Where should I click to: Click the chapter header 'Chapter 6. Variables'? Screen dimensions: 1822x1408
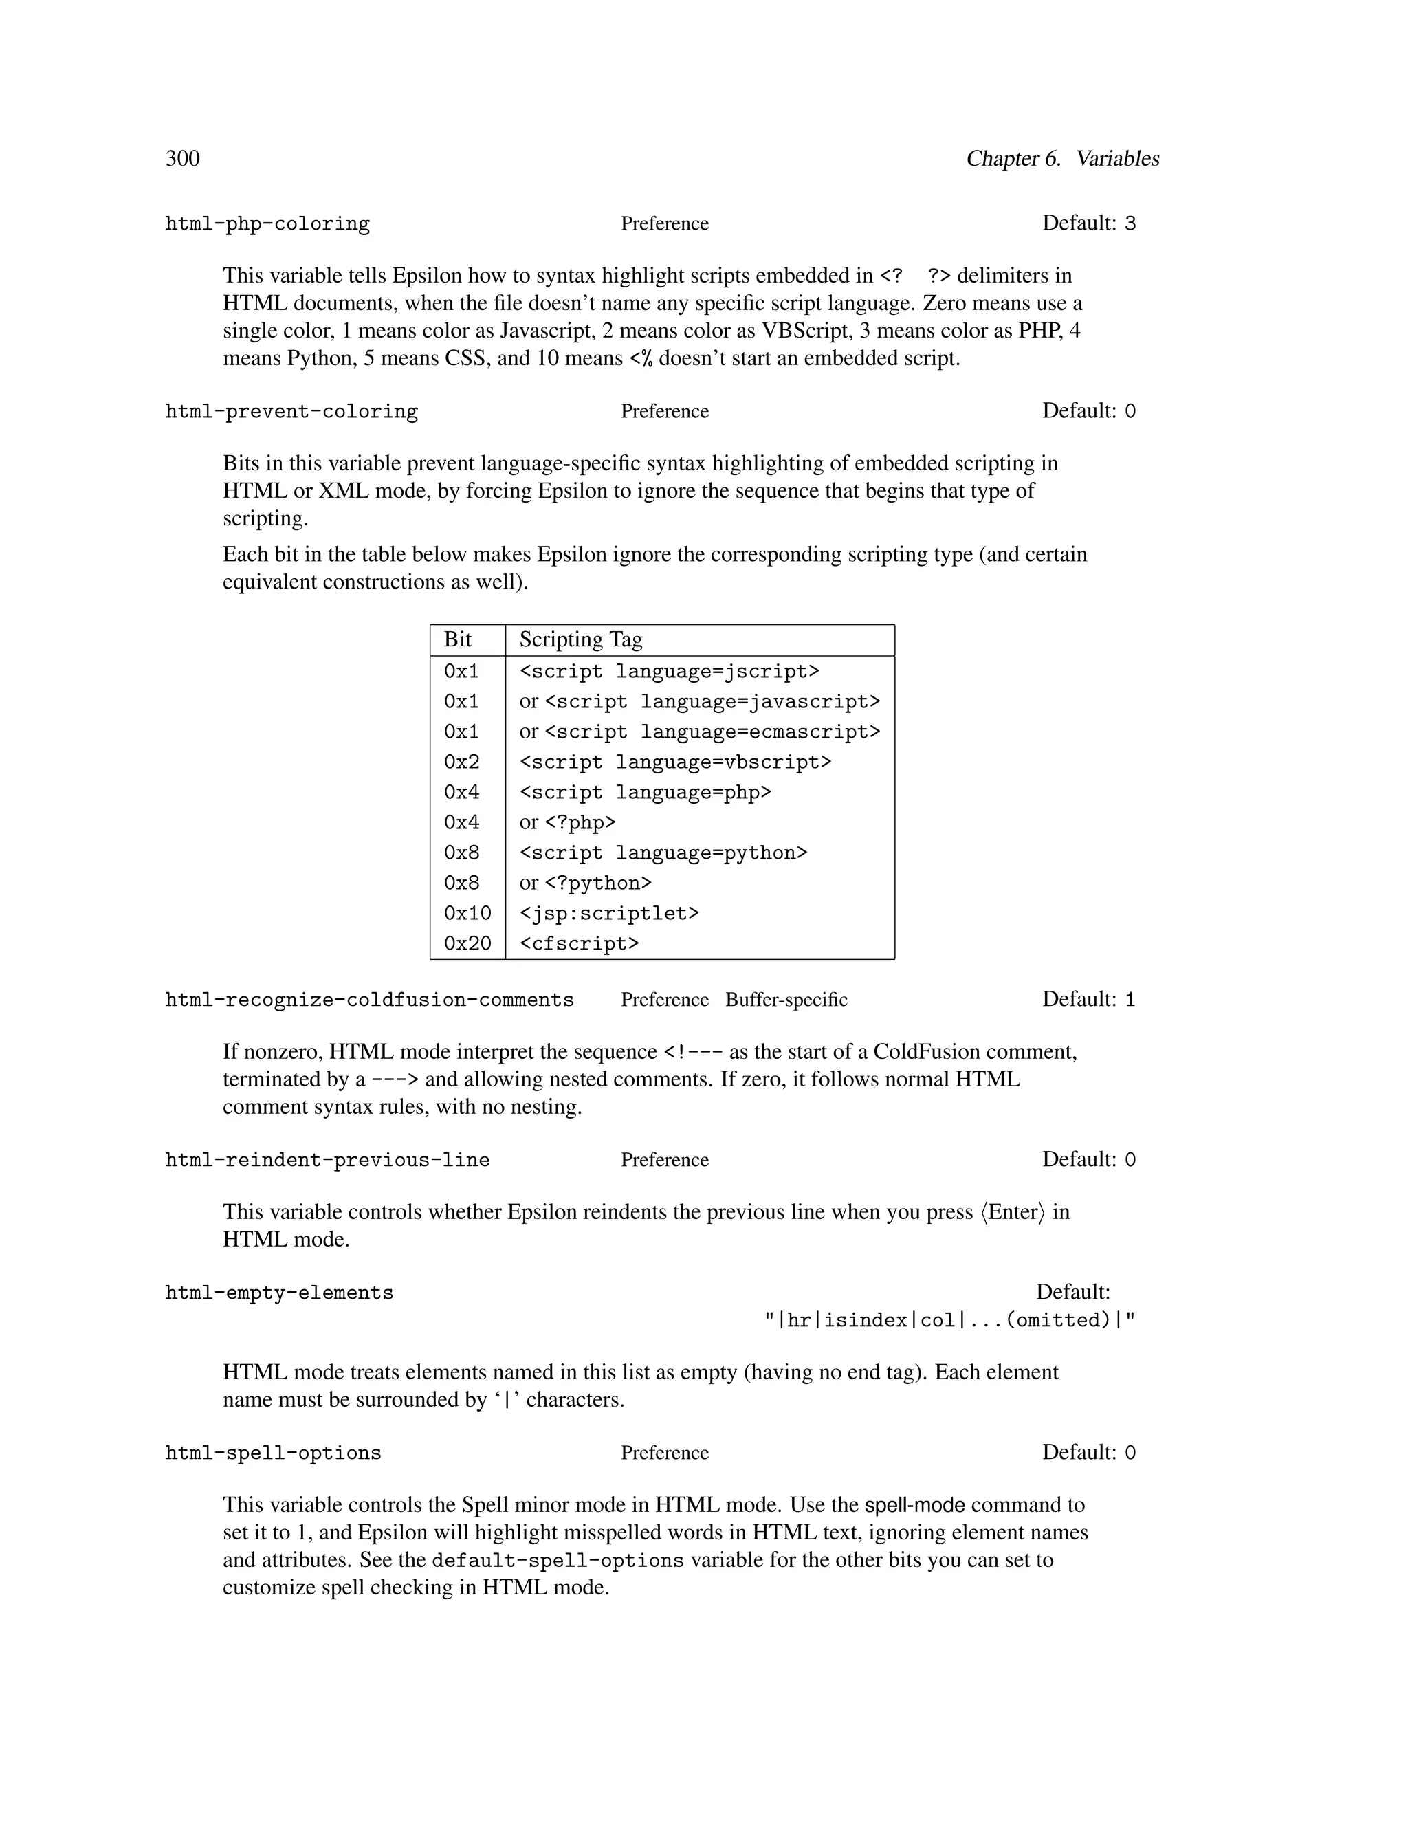tap(1061, 159)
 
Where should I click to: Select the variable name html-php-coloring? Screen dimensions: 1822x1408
tap(267, 223)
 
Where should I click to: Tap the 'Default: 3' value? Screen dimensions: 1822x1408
tap(1088, 223)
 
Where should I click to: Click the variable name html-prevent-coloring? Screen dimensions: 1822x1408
tap(291, 411)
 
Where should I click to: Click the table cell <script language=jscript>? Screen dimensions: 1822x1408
tap(669, 672)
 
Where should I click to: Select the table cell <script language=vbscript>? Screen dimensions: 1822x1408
tap(675, 762)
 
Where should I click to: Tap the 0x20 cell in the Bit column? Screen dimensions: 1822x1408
tap(467, 943)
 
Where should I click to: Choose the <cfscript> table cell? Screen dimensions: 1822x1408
tap(579, 943)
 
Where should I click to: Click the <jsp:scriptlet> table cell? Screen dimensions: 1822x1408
tap(609, 914)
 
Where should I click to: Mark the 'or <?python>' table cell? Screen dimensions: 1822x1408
tap(585, 883)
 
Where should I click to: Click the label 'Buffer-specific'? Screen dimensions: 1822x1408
tap(786, 1000)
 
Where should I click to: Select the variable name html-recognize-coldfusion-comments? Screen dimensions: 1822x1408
tap(368, 1000)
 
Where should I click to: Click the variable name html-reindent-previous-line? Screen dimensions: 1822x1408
tap(327, 1160)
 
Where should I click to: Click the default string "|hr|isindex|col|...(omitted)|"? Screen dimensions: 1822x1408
tap(949, 1320)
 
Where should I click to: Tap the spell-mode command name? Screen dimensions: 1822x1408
tap(914, 1505)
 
